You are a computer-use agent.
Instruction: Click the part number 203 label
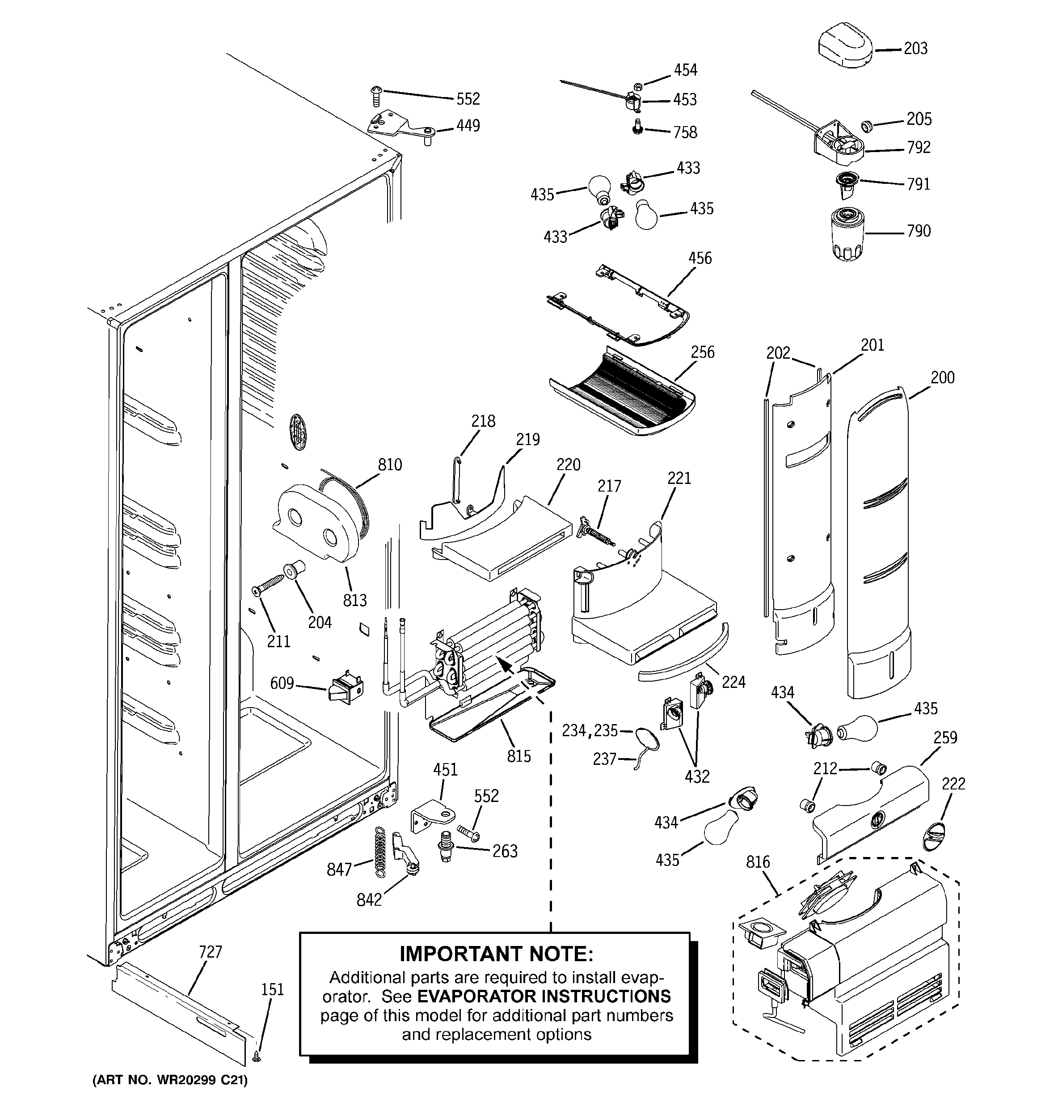[916, 48]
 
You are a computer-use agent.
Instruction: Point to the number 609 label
[282, 683]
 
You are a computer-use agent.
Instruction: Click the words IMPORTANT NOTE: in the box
[497, 954]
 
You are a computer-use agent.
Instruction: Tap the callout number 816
[758, 862]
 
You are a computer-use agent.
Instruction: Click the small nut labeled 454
[639, 86]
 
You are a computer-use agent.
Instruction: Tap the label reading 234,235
[590, 730]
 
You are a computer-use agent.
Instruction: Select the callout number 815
[519, 756]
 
